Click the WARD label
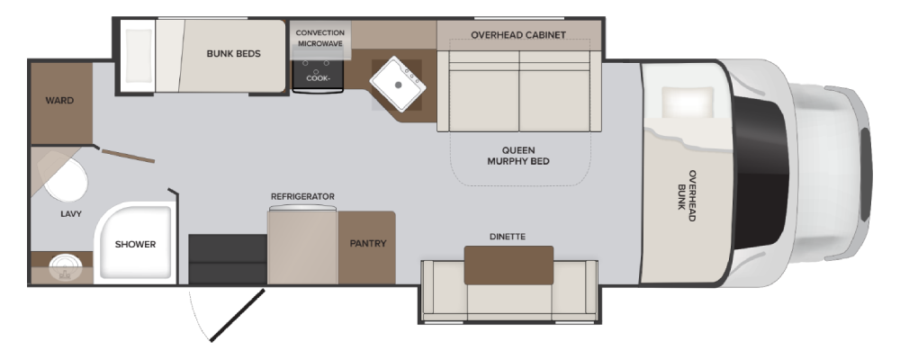click(59, 101)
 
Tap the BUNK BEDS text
click(234, 53)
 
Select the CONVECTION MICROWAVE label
click(320, 38)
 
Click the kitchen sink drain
click(398, 85)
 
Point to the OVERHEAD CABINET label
click(518, 35)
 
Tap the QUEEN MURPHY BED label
click(518, 156)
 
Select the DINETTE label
click(508, 237)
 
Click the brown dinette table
click(508, 265)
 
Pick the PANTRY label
click(368, 243)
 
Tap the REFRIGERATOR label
click(302, 196)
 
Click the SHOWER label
click(136, 244)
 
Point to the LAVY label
click(71, 214)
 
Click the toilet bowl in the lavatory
click(67, 179)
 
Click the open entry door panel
click(237, 315)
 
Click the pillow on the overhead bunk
click(688, 103)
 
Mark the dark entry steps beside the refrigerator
click(228, 259)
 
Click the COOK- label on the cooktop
click(319, 78)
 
